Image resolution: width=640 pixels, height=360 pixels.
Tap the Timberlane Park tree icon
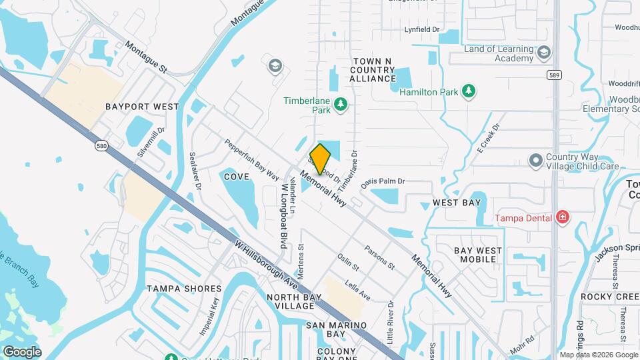341,103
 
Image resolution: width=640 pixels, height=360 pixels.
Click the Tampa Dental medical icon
562,217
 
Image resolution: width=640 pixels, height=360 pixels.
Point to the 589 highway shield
554,75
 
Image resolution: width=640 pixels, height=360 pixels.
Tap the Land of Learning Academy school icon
544,53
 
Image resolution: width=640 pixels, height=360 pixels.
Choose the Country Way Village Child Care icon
535,161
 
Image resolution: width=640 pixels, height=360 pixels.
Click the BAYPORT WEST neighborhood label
142,107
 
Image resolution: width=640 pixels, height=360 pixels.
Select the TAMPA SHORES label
183,289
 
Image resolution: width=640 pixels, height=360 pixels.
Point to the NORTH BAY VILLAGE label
290,301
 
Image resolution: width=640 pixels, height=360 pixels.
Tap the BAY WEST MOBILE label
478,255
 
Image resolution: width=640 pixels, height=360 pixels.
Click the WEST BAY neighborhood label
457,202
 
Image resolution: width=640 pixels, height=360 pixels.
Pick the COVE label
237,177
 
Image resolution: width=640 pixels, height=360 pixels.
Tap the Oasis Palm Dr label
383,181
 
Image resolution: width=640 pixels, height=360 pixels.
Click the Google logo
22,352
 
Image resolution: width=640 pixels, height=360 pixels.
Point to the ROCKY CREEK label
609,296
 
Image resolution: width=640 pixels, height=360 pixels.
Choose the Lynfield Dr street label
423,29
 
